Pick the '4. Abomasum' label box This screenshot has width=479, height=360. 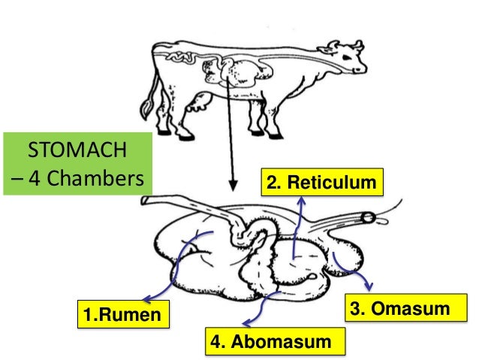[271, 341]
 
